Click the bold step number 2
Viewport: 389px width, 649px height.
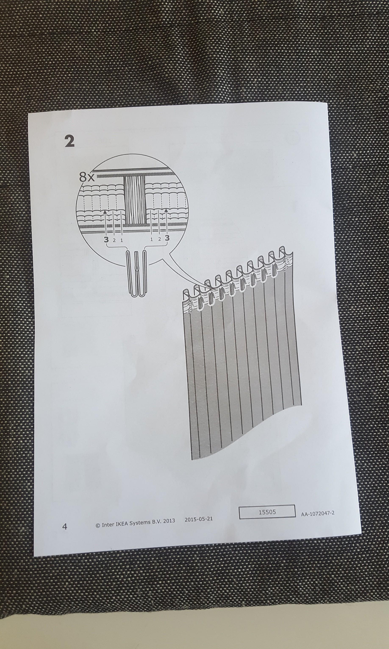coord(69,142)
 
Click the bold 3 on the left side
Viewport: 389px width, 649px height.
coord(106,239)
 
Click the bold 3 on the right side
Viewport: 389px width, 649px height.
coord(167,238)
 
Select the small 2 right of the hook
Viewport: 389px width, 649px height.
coord(159,239)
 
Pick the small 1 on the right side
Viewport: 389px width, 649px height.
coord(151,239)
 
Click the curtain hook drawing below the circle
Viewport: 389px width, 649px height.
coord(136,273)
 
